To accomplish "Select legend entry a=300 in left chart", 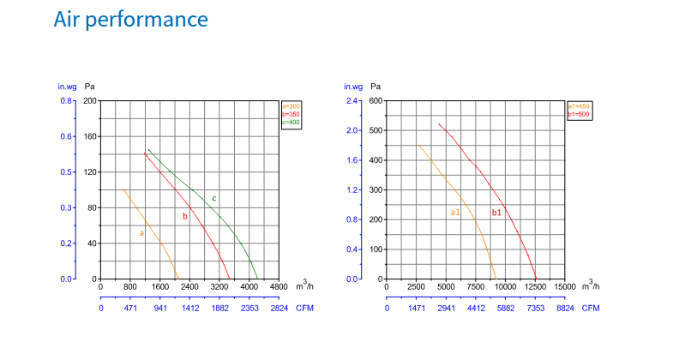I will pos(291,105).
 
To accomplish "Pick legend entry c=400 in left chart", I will pos(291,123).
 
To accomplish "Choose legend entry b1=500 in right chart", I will pos(580,114).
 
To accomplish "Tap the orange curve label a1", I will pos(455,212).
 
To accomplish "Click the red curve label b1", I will pos(496,212).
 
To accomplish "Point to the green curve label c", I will pos(213,198).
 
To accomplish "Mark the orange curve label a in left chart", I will pos(141,232).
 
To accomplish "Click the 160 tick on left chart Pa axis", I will pos(88,136).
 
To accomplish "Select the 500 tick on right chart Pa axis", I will pos(375,130).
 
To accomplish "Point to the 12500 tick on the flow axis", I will pos(536,287).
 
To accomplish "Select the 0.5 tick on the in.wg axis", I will pos(65,172).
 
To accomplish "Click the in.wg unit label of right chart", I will pos(352,87).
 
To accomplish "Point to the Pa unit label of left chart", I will pos(89,87).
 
